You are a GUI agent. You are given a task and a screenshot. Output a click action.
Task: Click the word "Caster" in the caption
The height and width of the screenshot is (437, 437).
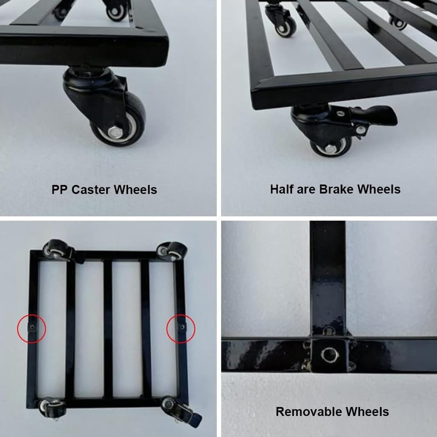(x=91, y=190)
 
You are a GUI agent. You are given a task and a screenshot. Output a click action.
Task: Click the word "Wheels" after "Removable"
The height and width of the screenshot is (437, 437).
(x=367, y=411)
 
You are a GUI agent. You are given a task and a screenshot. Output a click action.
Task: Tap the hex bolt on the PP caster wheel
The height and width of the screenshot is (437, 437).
(x=114, y=132)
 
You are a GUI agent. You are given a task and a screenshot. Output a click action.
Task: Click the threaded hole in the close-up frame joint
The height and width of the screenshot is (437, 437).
(x=330, y=355)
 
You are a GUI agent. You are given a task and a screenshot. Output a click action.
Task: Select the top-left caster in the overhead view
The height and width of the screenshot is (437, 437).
(x=59, y=250)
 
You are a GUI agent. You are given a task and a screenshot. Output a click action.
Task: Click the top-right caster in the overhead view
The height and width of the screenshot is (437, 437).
(x=172, y=251)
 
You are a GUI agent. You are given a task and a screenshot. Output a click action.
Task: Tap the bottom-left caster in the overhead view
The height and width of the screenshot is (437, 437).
(x=52, y=408)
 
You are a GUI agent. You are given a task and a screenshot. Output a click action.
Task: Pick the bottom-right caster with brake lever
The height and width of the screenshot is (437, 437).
(x=181, y=410)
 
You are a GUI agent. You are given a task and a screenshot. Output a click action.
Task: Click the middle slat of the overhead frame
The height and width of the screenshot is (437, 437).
(x=108, y=329)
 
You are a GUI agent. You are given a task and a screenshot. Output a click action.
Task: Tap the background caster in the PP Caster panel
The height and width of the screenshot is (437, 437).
(x=118, y=10)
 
